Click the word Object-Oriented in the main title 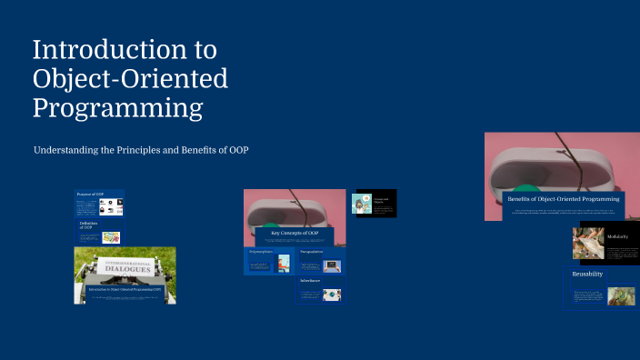pos(130,79)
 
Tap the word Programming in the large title pos(117,108)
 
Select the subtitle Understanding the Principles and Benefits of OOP pos(141,149)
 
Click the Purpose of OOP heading pos(90,195)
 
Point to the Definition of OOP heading pos(87,225)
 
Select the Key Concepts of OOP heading pos(294,234)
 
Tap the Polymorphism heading pos(261,251)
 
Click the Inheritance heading pos(310,281)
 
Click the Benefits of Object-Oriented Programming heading pos(563,198)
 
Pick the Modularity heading pos(618,236)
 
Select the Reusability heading pos(587,274)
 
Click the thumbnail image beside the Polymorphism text pos(284,264)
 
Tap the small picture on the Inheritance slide pos(332,295)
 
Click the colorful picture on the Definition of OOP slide pos(112,236)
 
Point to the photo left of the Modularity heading pos(588,244)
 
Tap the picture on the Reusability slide pos(622,295)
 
